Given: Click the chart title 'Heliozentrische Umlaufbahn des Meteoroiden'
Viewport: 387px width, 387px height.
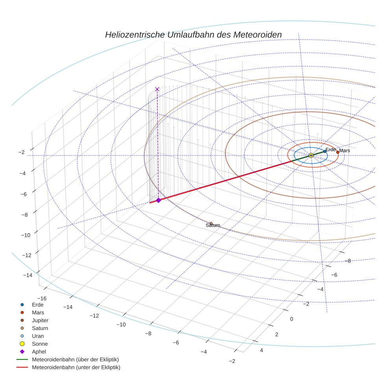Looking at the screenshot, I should pyautogui.click(x=193, y=35).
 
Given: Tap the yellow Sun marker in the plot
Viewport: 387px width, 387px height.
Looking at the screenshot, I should pyautogui.click(x=311, y=155).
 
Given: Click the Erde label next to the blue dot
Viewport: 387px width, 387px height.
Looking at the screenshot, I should pyautogui.click(x=330, y=149).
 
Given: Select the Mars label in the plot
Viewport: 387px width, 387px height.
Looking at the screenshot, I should pyautogui.click(x=345, y=151).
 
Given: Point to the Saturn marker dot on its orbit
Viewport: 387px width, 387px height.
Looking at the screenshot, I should pyautogui.click(x=211, y=223).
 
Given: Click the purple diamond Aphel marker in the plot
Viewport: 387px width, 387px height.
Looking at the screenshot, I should pyautogui.click(x=158, y=200).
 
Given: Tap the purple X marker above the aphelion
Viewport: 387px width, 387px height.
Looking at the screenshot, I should pyautogui.click(x=157, y=89).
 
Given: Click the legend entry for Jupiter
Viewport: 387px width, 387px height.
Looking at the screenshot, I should pyautogui.click(x=40, y=320).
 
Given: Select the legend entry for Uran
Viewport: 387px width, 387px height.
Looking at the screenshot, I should pyautogui.click(x=38, y=336).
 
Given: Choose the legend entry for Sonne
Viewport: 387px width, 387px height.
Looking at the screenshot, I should pyautogui.click(x=40, y=344).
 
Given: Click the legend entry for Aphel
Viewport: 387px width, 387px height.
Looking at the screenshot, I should pyautogui.click(x=39, y=352).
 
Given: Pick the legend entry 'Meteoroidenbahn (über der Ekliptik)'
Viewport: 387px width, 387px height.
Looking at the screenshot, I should pyautogui.click(x=75, y=359).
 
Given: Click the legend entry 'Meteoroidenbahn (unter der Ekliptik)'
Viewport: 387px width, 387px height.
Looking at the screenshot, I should pyautogui.click(x=76, y=367).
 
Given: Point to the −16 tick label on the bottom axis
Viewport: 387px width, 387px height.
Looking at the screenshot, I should pyautogui.click(x=41, y=299).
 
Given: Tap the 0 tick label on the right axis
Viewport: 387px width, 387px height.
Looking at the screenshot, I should pyautogui.click(x=291, y=319).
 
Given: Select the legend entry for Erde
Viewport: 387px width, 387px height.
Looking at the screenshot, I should pyautogui.click(x=38, y=304).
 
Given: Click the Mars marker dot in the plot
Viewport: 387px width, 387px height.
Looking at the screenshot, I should pyautogui.click(x=337, y=152).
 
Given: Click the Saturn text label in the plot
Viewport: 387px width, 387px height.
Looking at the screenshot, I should pyautogui.click(x=213, y=225).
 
